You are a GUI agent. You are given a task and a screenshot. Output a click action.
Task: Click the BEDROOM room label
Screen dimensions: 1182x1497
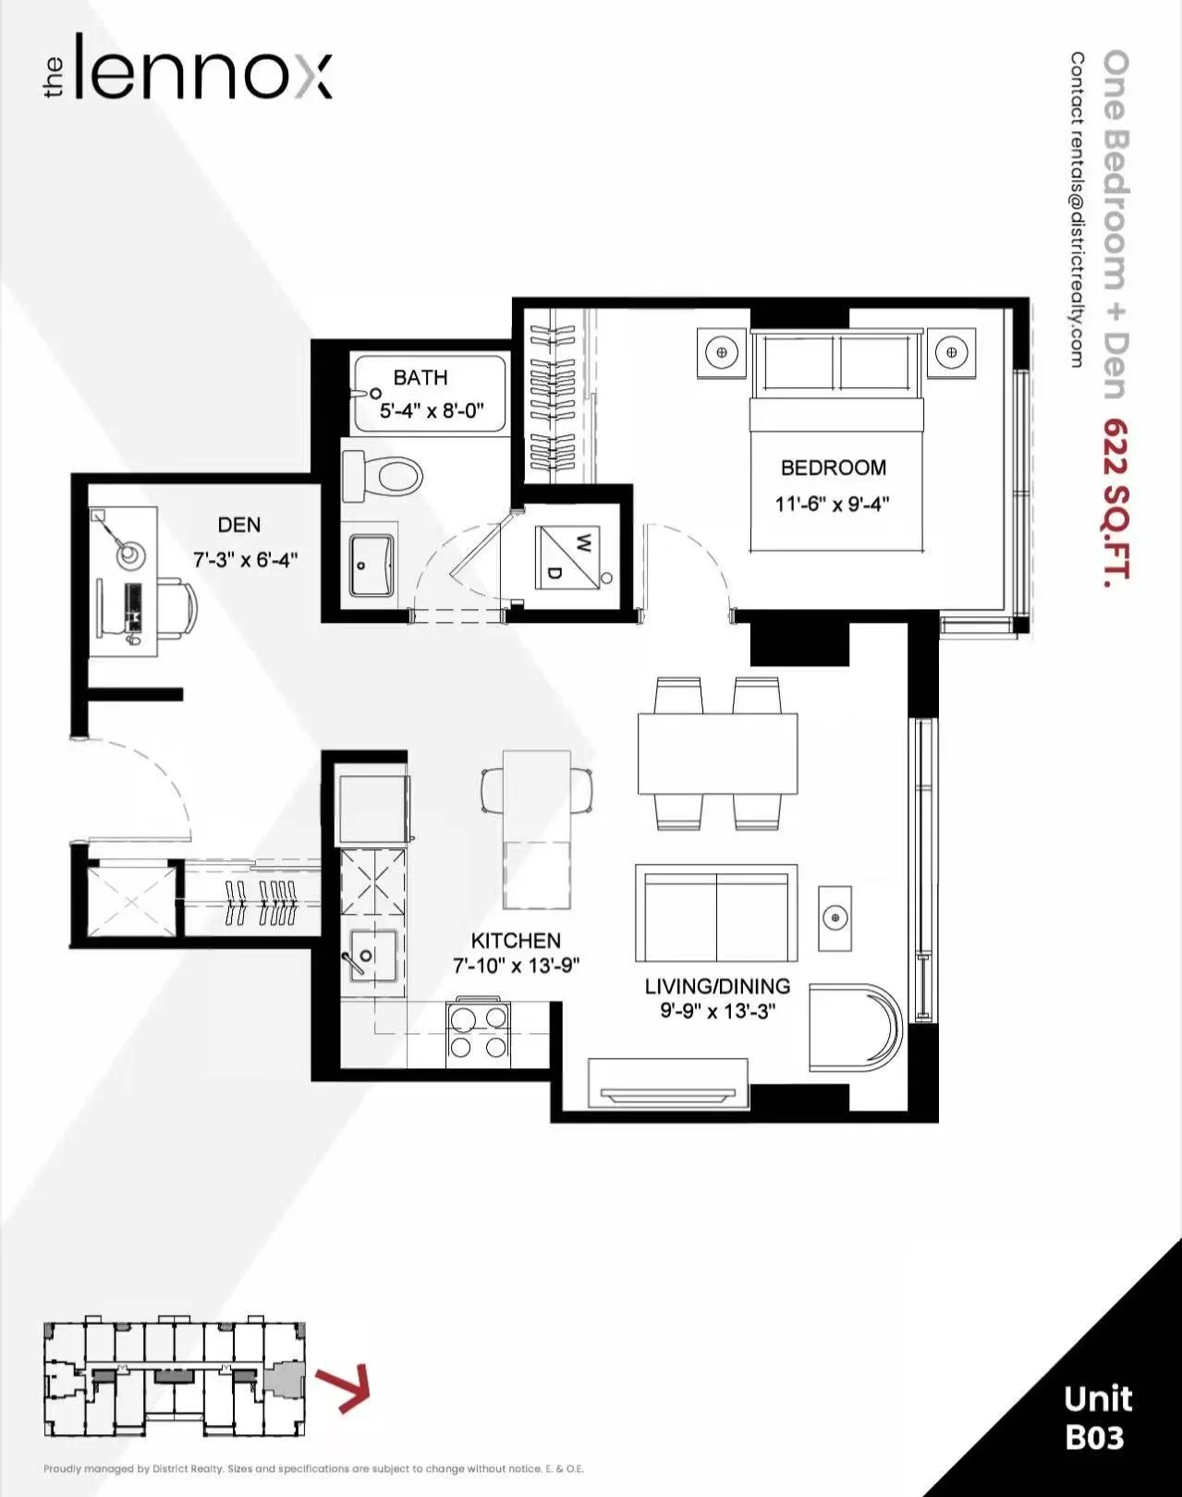[834, 468]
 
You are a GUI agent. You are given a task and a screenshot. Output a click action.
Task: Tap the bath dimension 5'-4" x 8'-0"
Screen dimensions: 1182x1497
[432, 411]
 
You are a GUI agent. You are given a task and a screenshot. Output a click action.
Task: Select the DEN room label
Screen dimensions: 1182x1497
[239, 525]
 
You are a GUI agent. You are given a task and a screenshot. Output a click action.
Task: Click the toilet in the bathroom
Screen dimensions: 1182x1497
[383, 476]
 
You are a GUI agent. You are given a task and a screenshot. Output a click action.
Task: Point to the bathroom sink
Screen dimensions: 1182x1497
[371, 565]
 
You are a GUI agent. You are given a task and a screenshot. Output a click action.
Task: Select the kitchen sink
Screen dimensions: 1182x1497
[372, 955]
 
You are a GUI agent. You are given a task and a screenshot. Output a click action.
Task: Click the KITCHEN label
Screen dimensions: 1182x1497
[516, 941]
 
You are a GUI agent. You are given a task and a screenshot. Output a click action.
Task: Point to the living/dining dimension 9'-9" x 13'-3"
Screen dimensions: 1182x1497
[718, 1011]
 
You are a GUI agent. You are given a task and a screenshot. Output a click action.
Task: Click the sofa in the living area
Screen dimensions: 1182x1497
[716, 913]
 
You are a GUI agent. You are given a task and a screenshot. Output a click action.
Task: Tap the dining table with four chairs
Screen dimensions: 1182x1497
[718, 753]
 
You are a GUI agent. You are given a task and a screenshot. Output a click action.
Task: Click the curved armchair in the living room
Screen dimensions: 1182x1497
[856, 1028]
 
